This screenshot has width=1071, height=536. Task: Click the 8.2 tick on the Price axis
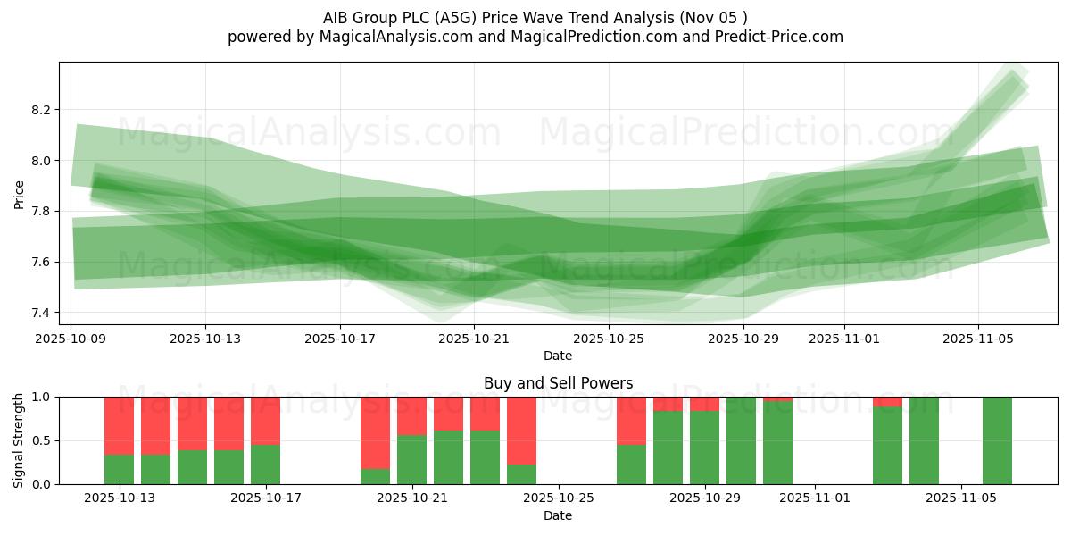tap(41, 110)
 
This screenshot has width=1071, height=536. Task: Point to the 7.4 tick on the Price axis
tap(41, 313)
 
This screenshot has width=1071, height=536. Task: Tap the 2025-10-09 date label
tap(71, 339)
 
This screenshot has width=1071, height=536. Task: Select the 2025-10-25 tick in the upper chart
tap(608, 339)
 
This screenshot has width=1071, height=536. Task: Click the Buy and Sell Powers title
tap(558, 383)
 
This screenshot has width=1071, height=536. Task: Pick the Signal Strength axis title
tap(19, 440)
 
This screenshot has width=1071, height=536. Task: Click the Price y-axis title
tap(19, 194)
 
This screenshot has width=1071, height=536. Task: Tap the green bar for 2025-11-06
tap(997, 440)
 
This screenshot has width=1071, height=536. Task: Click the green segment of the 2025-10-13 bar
tap(119, 469)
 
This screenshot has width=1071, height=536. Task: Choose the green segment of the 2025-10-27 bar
tap(631, 465)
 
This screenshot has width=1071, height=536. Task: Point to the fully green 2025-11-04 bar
tap(924, 440)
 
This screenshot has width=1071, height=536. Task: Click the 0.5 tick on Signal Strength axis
tap(41, 440)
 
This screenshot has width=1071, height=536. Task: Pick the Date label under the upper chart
tap(558, 356)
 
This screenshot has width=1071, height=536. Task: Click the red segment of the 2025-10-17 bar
tap(265, 421)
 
